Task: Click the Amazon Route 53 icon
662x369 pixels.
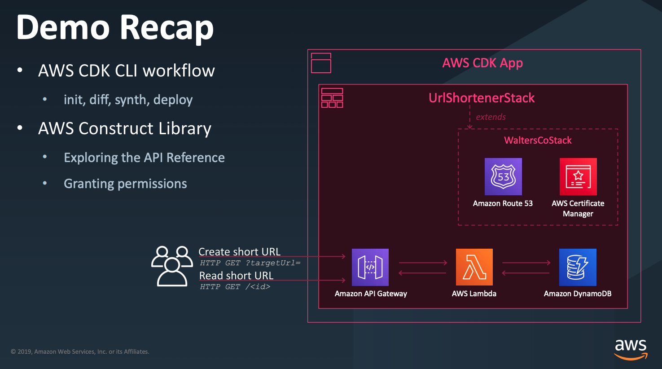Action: pyautogui.click(x=503, y=176)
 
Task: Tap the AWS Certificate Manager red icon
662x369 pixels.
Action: pyautogui.click(x=578, y=176)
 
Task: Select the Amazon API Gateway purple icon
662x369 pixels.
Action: pyautogui.click(x=370, y=267)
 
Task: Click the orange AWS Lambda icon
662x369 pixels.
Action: pyautogui.click(x=474, y=267)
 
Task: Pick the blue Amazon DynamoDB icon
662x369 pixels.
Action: pyautogui.click(x=578, y=267)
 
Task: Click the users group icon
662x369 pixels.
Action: pyautogui.click(x=172, y=266)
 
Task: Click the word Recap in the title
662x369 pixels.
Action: pyautogui.click(x=167, y=28)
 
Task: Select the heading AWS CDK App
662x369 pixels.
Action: pyautogui.click(x=482, y=63)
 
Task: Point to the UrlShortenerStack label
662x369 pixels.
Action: pyautogui.click(x=482, y=98)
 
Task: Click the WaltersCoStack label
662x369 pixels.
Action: pyautogui.click(x=538, y=140)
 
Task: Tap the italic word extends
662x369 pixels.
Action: pyautogui.click(x=491, y=117)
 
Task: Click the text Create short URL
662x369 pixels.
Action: pyautogui.click(x=239, y=251)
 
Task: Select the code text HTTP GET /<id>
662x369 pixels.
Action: pyautogui.click(x=235, y=287)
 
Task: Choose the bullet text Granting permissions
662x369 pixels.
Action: pyautogui.click(x=125, y=184)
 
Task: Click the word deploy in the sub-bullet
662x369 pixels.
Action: pyautogui.click(x=173, y=100)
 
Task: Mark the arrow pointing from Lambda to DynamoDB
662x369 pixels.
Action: pyautogui.click(x=526, y=263)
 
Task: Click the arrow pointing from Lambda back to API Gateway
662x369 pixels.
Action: pyautogui.click(x=423, y=273)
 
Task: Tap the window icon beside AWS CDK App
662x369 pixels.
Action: pyautogui.click(x=321, y=63)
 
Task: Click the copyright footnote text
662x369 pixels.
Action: pyautogui.click(x=80, y=351)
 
